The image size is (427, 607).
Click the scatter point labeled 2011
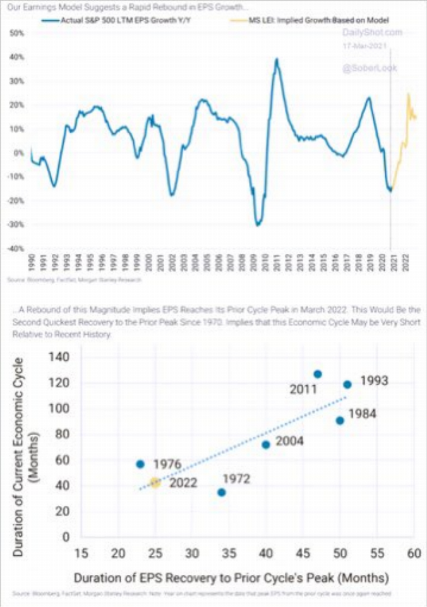point(318,375)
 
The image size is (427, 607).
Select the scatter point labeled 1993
point(347,385)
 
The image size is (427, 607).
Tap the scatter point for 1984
point(340,420)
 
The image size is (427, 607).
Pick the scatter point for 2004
point(266,445)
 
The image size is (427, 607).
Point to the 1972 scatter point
point(222,492)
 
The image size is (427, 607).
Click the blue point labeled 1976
point(140,464)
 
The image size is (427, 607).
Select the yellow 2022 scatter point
point(155,483)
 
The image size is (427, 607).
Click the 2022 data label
point(183,484)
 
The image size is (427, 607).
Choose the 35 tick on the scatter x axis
point(229,554)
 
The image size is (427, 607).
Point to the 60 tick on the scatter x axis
point(414,554)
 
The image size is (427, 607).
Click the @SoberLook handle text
point(370,68)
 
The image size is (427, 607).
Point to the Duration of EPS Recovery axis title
point(230,578)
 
